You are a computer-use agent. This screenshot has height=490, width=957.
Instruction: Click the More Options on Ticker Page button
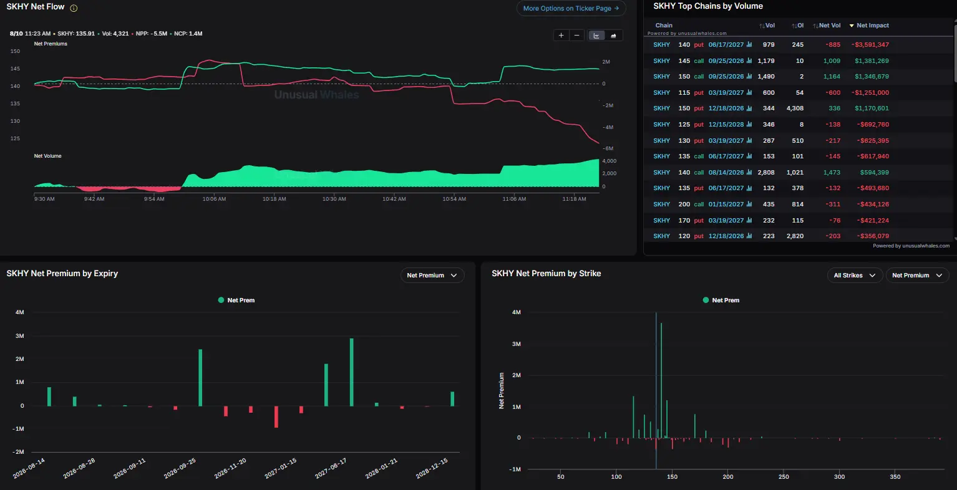[571, 8]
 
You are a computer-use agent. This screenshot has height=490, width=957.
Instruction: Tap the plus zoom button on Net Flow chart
[561, 36]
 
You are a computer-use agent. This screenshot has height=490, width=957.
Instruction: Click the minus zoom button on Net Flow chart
[577, 36]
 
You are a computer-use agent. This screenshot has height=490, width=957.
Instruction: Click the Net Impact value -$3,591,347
[870, 45]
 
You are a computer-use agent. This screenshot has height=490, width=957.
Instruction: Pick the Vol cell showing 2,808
[765, 173]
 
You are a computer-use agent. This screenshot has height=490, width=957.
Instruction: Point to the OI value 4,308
[795, 108]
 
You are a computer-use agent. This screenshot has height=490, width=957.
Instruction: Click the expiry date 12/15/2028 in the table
[726, 125]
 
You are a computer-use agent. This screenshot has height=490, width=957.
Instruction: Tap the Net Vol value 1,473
[832, 173]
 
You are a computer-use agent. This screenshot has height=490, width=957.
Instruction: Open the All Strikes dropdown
[855, 276]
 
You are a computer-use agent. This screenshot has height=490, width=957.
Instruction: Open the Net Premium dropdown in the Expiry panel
[432, 276]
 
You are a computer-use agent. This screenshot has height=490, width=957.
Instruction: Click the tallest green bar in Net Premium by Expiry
[352, 372]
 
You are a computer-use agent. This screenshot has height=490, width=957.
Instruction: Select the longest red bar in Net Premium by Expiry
[276, 416]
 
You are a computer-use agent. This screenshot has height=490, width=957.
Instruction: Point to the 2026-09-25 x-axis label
[180, 468]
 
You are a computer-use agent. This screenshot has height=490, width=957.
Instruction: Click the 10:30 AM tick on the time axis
[334, 199]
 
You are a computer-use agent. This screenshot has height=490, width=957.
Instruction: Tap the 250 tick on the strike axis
[784, 477]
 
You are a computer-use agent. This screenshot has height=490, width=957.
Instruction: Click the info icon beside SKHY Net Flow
[74, 8]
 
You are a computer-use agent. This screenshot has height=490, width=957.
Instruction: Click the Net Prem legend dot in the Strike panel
[706, 300]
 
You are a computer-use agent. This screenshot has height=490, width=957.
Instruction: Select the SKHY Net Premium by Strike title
[546, 274]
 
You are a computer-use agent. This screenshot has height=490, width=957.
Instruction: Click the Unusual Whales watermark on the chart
[316, 95]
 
